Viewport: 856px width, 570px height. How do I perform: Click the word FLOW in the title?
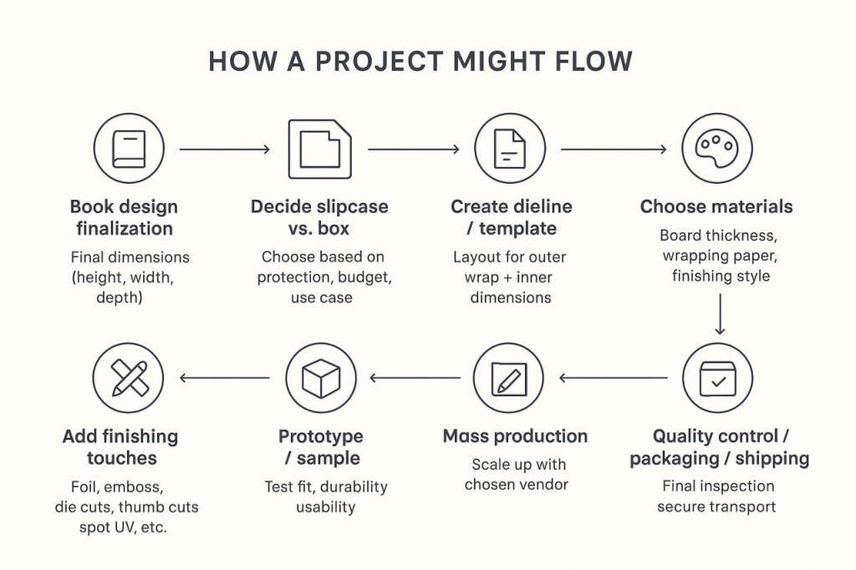(594, 61)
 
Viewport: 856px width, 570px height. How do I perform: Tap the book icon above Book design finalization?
(129, 149)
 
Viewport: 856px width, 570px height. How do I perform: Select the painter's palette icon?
(716, 149)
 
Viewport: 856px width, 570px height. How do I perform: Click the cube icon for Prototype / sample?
(321, 378)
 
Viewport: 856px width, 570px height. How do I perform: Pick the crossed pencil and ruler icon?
(129, 378)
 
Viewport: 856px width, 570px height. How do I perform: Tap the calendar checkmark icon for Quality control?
(717, 378)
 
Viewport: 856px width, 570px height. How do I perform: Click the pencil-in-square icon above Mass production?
(509, 378)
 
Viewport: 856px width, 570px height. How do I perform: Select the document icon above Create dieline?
(509, 149)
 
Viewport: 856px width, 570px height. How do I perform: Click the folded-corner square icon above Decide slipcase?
(320, 149)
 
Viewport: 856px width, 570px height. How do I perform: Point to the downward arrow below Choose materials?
(720, 314)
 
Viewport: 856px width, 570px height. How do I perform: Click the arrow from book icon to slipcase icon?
(224, 149)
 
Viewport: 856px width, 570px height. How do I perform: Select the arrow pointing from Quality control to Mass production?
(613, 378)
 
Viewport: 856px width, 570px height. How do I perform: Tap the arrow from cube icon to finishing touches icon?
(224, 378)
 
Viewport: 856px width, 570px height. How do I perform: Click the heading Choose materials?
(716, 206)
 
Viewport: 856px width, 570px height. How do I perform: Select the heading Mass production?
(515, 435)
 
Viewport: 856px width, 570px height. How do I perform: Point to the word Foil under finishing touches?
(84, 486)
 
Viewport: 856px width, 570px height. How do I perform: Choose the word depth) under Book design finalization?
(120, 298)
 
